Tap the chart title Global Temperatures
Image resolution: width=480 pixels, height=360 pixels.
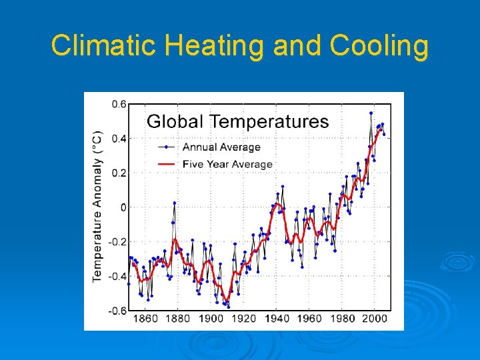pyautogui.click(x=237, y=121)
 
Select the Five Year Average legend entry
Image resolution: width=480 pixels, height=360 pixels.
pyautogui.click(x=227, y=164)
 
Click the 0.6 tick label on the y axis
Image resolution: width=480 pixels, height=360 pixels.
pyautogui.click(x=118, y=104)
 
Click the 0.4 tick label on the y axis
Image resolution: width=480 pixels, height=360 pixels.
pyautogui.click(x=118, y=139)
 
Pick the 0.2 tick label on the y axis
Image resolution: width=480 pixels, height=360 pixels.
pyautogui.click(x=118, y=173)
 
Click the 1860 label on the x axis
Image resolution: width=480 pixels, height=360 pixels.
pyautogui.click(x=146, y=319)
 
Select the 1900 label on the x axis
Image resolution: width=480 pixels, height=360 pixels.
pyautogui.click(x=211, y=319)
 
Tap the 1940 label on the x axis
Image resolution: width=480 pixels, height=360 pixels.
pyautogui.click(x=277, y=319)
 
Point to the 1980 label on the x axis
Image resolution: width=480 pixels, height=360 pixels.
pyautogui.click(x=342, y=319)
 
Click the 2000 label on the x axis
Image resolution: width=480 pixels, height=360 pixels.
pyautogui.click(x=375, y=319)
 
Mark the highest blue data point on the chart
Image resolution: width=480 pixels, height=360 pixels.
pyautogui.click(x=371, y=113)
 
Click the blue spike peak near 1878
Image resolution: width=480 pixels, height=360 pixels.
pyautogui.click(x=175, y=203)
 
